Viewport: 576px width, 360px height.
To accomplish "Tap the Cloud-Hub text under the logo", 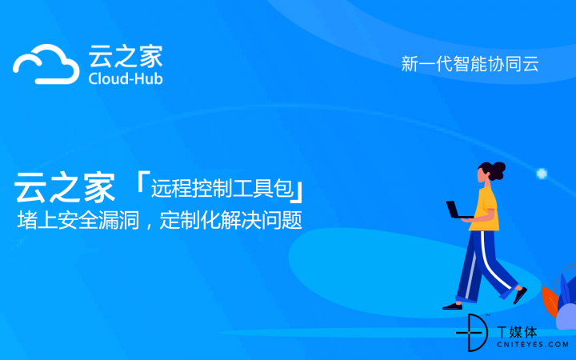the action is click(126, 79).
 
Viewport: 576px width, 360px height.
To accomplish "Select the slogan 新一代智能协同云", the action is click(470, 64).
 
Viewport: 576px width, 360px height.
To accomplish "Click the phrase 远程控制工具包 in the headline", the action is click(222, 188).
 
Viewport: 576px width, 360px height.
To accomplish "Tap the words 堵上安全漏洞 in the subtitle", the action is click(78, 221).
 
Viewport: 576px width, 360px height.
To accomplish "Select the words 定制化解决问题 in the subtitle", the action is click(231, 221).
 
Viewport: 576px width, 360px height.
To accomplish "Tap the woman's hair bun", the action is click(500, 170).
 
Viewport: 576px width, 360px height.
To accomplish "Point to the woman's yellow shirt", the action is click(486, 209).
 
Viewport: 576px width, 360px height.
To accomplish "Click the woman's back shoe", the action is click(452, 306).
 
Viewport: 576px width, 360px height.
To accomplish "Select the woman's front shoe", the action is click(520, 295).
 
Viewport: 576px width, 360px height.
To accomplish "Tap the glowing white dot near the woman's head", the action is click(542, 174).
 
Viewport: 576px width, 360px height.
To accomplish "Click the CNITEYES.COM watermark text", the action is click(533, 345).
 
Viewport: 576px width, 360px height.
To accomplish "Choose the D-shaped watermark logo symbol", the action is click(473, 333).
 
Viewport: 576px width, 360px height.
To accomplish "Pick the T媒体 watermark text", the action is click(518, 332).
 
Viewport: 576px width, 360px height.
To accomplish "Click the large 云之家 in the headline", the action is click(65, 187).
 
